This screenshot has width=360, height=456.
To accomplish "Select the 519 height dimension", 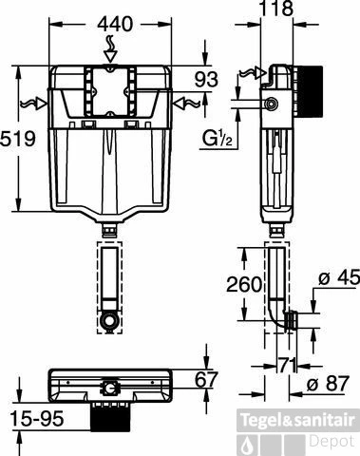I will pyautogui.click(x=19, y=139).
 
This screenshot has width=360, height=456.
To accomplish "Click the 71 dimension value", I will pyautogui.click(x=287, y=364).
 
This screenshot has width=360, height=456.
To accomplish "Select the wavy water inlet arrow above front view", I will pyautogui.click(x=112, y=44).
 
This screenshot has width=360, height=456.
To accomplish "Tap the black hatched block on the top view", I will pyautogui.click(x=111, y=415).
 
